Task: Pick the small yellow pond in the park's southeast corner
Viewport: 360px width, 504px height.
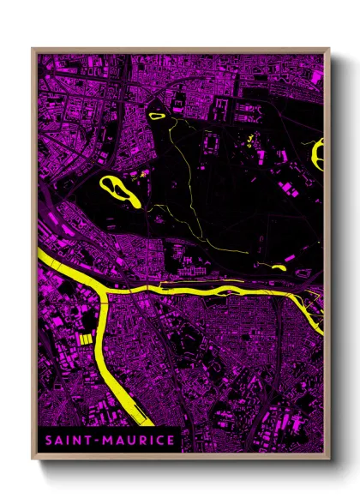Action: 278,267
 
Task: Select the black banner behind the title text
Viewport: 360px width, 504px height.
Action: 106,441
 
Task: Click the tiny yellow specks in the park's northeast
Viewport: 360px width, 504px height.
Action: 249,140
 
